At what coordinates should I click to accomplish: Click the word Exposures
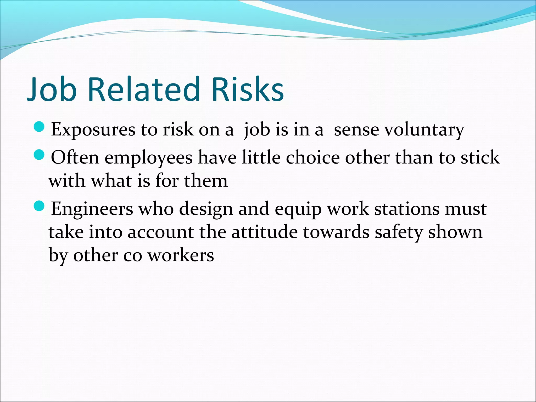pyautogui.click(x=93, y=130)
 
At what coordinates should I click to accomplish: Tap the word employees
pyautogui.click(x=149, y=158)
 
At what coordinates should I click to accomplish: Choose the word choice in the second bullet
pyautogui.click(x=312, y=158)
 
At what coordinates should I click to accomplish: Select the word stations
pyautogui.click(x=406, y=209)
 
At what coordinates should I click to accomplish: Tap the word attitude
pyautogui.click(x=264, y=232)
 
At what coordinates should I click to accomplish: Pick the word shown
pyautogui.click(x=455, y=232)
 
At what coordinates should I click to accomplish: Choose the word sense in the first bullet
pyautogui.click(x=356, y=130)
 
